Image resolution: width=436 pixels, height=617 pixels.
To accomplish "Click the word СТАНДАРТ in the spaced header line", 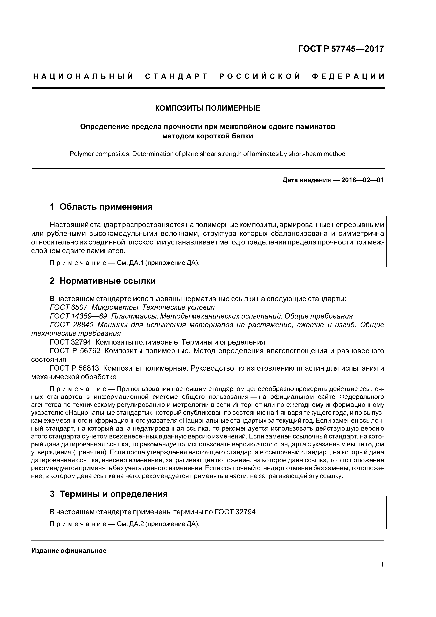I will point(177,77).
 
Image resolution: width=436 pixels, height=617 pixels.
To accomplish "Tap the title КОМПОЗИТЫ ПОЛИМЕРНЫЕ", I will point(208,108).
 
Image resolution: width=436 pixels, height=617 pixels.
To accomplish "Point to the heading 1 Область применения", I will point(101,207).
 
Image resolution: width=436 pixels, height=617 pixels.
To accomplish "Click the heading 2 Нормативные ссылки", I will point(103,281).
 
